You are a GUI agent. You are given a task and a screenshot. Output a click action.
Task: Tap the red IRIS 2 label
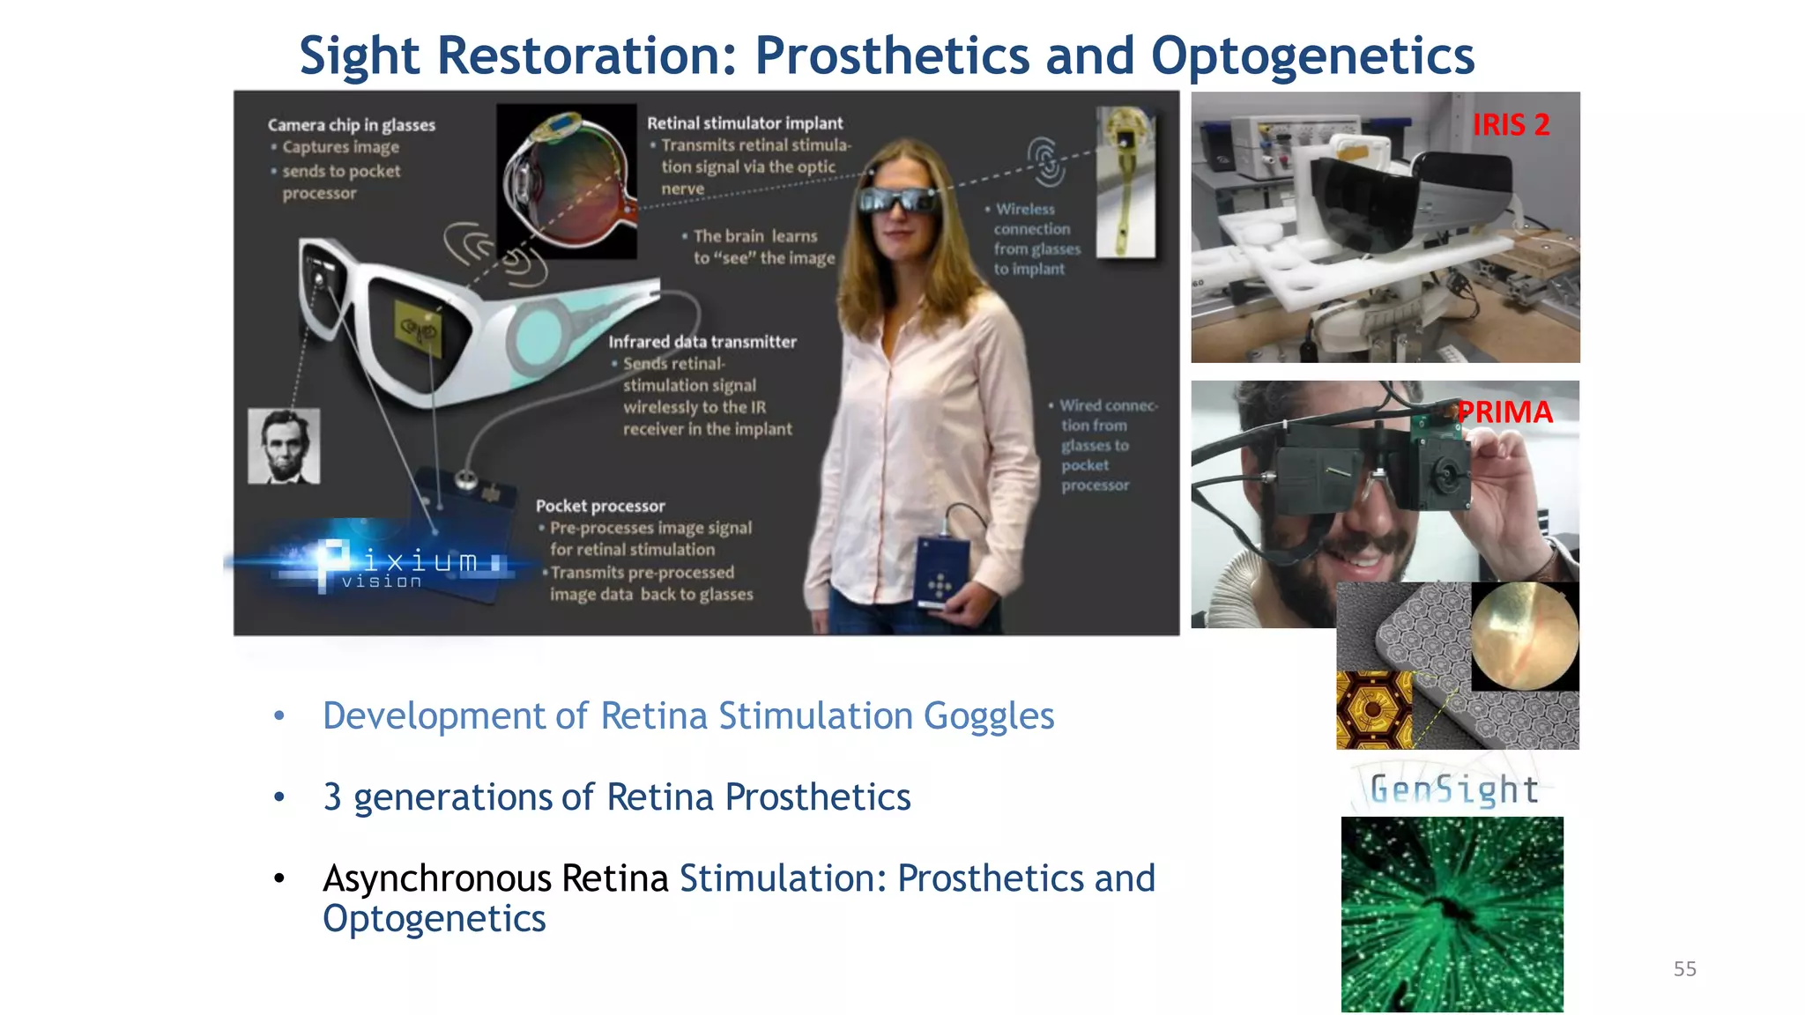[x=1511, y=125]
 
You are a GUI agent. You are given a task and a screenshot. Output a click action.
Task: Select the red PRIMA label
[x=1504, y=412]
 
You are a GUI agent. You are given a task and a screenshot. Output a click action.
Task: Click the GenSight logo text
[x=1453, y=789]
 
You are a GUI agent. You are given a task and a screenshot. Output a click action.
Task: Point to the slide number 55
[x=1684, y=969]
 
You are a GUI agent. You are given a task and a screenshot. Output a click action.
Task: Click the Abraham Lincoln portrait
[x=284, y=446]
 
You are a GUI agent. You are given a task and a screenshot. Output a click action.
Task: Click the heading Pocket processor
[x=600, y=506]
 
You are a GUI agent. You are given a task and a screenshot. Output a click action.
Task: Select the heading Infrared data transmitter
[x=702, y=342]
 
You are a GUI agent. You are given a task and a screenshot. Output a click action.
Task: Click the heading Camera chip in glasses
[x=351, y=125]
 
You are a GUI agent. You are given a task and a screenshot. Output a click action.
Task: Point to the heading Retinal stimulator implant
[x=745, y=123]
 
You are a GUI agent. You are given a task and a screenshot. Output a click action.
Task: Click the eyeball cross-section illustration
[x=566, y=181]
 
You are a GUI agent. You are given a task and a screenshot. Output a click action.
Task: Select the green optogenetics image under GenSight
[x=1452, y=914]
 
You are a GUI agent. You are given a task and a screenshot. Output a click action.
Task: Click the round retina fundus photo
[x=1524, y=636]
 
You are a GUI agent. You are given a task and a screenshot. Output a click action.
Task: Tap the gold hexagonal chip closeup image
[x=1373, y=710]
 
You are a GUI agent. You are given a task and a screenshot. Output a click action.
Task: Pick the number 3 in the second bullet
[x=332, y=797]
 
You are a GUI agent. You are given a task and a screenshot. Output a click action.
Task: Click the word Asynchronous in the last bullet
[x=437, y=878]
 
